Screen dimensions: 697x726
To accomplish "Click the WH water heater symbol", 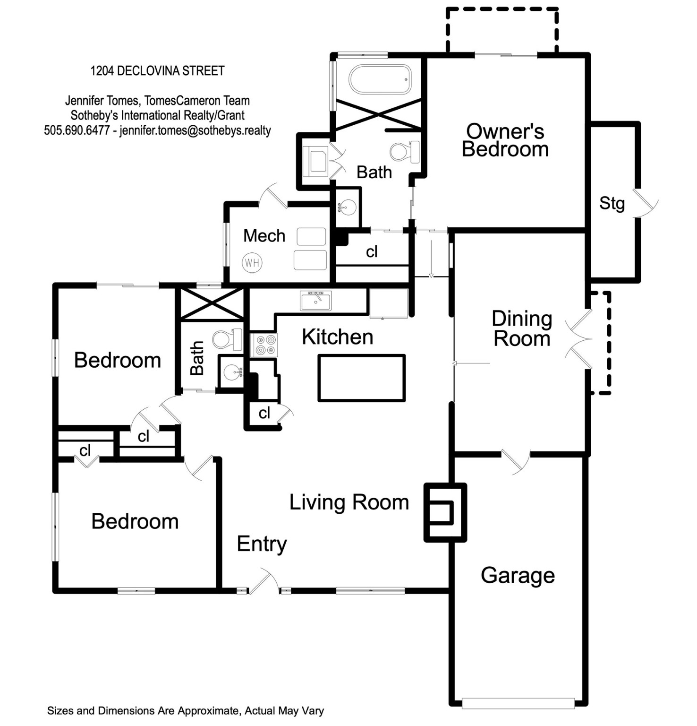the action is coord(252,262).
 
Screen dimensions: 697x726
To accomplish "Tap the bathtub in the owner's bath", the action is coord(380,79).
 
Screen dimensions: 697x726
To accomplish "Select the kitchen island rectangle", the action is coord(362,378).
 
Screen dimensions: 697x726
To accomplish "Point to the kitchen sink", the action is coord(316,301).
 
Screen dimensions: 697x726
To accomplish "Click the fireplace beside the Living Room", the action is coord(445,512).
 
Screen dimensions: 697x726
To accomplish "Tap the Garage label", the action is coord(518,576).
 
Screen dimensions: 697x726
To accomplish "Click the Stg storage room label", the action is coord(612,203).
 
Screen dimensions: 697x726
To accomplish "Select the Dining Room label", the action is coord(522,328).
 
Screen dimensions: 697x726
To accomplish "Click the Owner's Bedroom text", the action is coord(505,140).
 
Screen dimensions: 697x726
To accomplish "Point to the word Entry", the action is coord(262,544).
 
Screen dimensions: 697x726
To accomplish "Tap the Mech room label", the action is coord(264,235).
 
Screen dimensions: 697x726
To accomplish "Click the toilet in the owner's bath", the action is coord(405,151).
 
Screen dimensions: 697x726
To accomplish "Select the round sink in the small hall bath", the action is coord(231,372).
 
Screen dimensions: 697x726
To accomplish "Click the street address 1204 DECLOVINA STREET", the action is coord(157,71).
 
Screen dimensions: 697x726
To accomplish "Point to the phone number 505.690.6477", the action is coord(77,130).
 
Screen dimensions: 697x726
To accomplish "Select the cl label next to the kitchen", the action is coord(264,413).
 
